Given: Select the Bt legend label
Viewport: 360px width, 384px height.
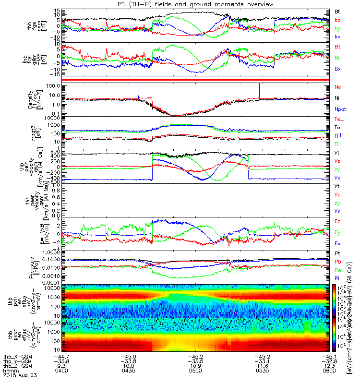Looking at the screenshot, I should (337, 11).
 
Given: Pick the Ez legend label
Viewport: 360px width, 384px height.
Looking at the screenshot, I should (338, 221).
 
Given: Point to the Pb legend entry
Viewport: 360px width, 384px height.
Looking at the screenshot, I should (338, 262).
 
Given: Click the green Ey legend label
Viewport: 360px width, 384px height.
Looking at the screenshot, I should (338, 232).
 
